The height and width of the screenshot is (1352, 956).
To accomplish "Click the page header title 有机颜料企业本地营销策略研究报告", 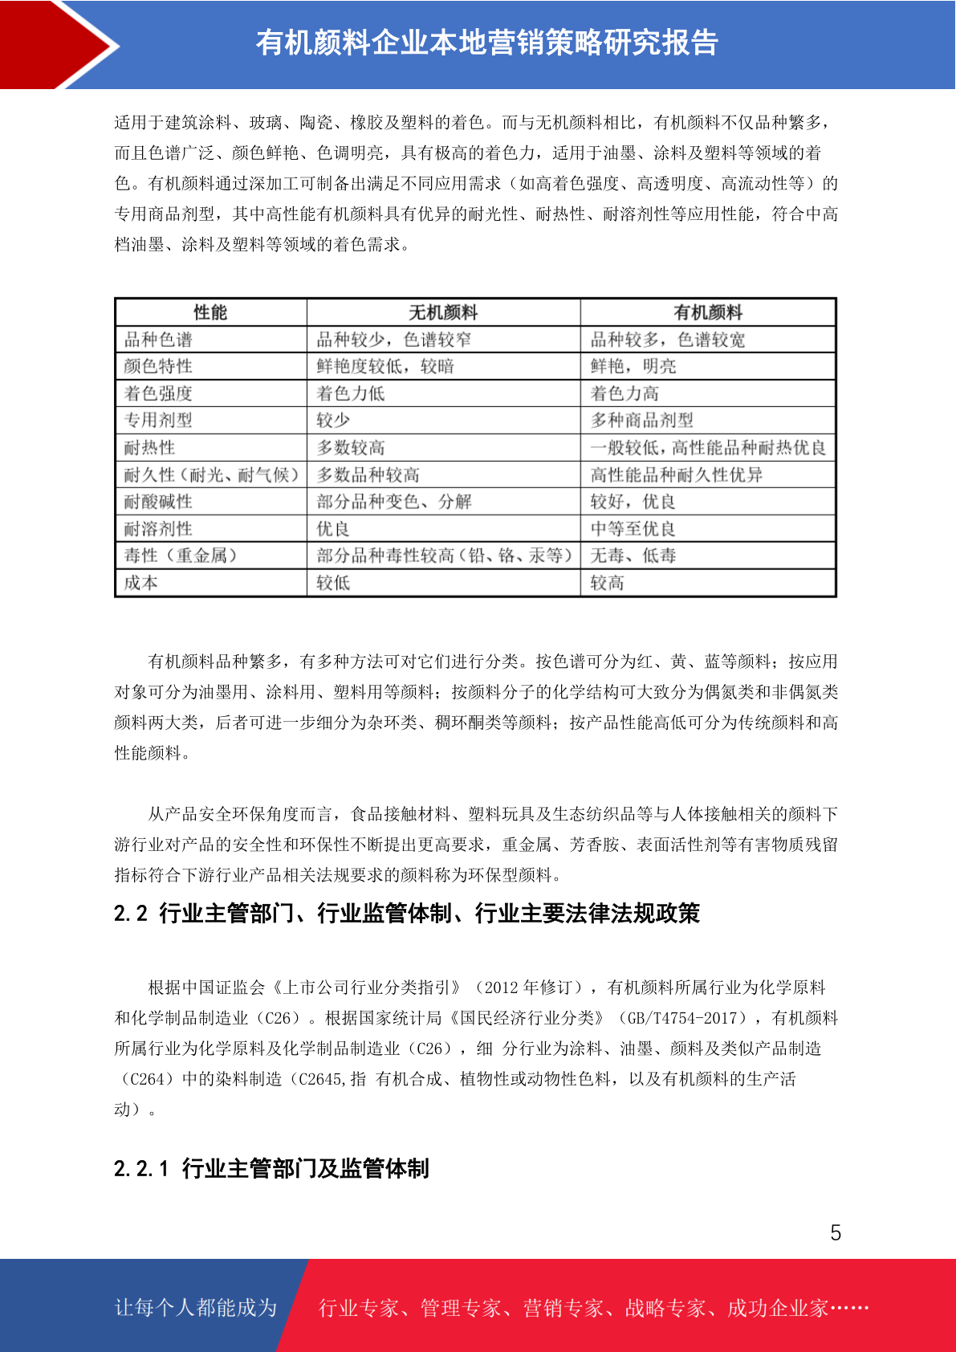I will (486, 43).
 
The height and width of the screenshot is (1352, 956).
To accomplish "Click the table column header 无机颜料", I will (443, 312).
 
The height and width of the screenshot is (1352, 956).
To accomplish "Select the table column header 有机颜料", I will (708, 312).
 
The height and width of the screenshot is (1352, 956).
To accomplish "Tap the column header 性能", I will (210, 312).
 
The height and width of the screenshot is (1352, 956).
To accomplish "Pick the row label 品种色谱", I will (158, 340).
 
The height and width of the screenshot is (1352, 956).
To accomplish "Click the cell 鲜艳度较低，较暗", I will (385, 367).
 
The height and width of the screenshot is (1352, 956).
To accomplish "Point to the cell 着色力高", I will (624, 393).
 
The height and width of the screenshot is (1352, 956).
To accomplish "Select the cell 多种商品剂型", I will (641, 421).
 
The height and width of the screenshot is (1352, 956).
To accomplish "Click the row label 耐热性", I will (149, 448).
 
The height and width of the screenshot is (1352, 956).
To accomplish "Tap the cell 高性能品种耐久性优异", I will (676, 475).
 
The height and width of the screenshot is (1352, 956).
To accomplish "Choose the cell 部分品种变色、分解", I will (394, 502).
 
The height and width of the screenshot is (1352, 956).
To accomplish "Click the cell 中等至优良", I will (633, 529).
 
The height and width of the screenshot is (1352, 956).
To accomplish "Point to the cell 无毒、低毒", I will (633, 556).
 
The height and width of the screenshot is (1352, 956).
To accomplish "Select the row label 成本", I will (141, 583).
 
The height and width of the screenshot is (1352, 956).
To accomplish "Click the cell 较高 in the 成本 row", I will (607, 583).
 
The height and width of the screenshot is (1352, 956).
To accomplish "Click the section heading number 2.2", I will (131, 914).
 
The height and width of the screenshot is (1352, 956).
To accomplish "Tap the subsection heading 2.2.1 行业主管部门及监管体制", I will (271, 1168).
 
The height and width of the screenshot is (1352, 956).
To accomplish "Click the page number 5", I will (836, 1233).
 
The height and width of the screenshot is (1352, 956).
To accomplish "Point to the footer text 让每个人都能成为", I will (196, 1308).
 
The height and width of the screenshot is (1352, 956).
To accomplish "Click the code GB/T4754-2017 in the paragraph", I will (685, 1018).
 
